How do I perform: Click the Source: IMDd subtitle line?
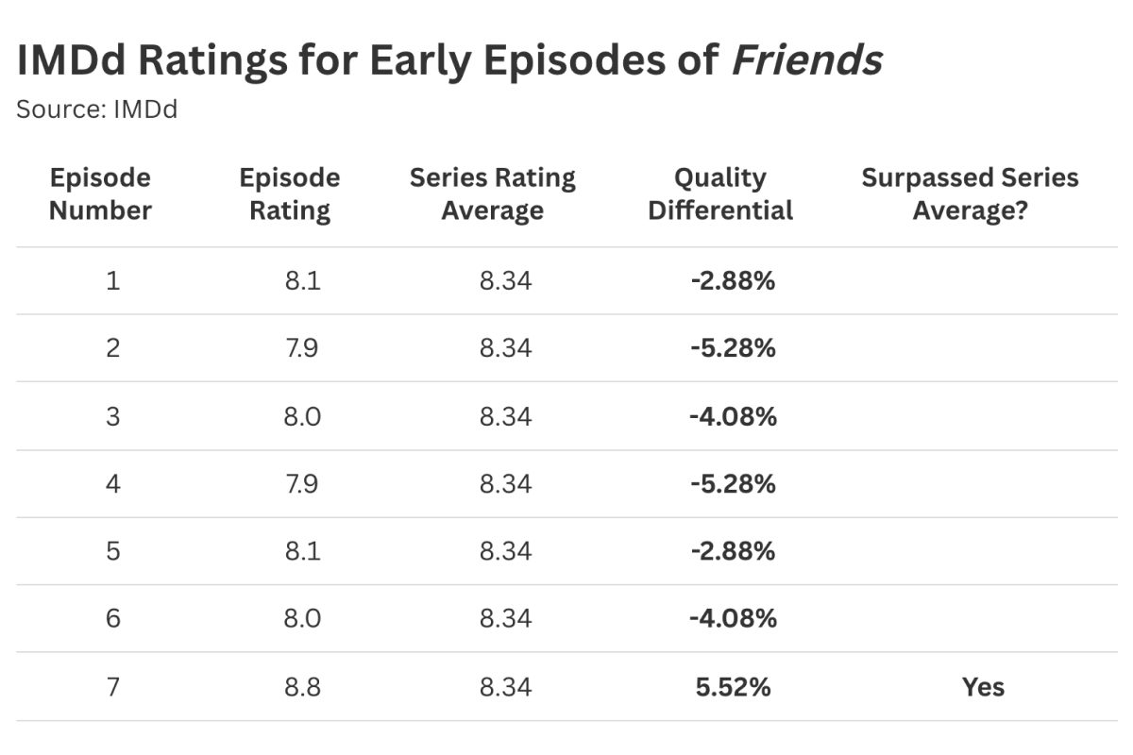click(x=97, y=109)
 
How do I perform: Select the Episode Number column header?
click(x=100, y=193)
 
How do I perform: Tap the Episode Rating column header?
click(x=289, y=193)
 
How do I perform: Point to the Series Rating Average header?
click(x=492, y=193)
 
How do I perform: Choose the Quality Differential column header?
click(x=720, y=193)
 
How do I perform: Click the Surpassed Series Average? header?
click(x=970, y=193)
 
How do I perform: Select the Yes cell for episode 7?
click(x=983, y=687)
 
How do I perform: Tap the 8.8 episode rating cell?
click(x=301, y=687)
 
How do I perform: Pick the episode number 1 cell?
click(x=112, y=280)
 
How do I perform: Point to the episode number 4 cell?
click(x=112, y=483)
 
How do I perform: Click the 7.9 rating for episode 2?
click(x=301, y=348)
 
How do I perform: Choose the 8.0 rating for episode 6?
click(x=301, y=619)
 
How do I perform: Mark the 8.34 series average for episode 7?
click(x=505, y=687)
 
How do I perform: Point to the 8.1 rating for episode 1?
click(x=301, y=280)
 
